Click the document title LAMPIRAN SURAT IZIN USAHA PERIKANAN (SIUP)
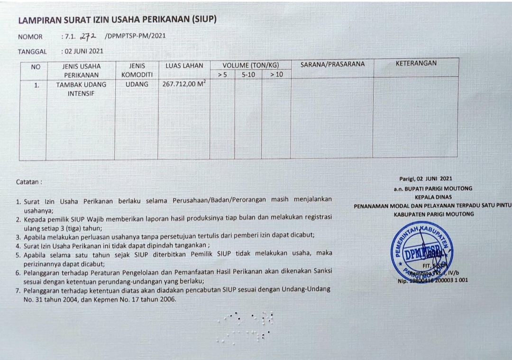[117, 20]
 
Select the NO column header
[36, 67]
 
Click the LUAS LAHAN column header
[184, 66]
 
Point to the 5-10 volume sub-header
[248, 74]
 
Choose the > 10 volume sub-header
[276, 74]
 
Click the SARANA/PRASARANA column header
[332, 65]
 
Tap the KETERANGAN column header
[416, 63]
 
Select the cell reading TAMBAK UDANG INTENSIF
[81, 89]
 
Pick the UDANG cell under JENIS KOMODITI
[137, 84]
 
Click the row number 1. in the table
[37, 85]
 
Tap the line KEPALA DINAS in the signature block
[433, 197]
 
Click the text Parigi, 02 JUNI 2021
[426, 179]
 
